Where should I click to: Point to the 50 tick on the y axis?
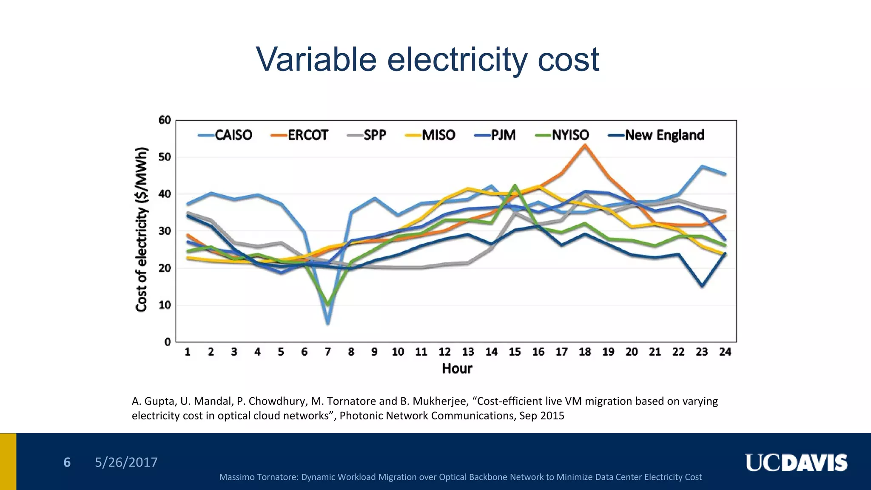pyautogui.click(x=165, y=157)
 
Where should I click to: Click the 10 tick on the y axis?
pyautogui.click(x=165, y=305)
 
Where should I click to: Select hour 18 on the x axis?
pyautogui.click(x=585, y=352)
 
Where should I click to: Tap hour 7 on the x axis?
pyautogui.click(x=327, y=352)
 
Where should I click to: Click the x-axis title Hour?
pyautogui.click(x=457, y=368)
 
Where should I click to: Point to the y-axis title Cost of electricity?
pyautogui.click(x=142, y=230)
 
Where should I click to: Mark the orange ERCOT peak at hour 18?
pyautogui.click(x=585, y=145)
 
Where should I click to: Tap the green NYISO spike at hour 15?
pyautogui.click(x=515, y=185)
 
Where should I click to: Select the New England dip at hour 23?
pyautogui.click(x=702, y=286)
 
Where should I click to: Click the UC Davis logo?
pyautogui.click(x=796, y=463)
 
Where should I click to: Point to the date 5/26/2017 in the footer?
pyautogui.click(x=126, y=462)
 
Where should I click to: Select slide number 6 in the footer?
pyautogui.click(x=67, y=462)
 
